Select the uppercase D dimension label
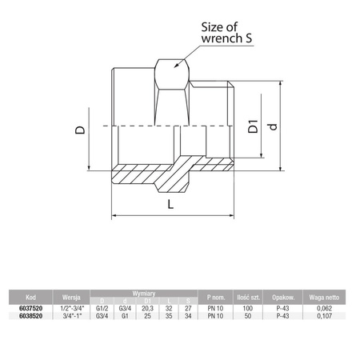coord(80,125)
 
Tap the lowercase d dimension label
coord(274,128)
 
